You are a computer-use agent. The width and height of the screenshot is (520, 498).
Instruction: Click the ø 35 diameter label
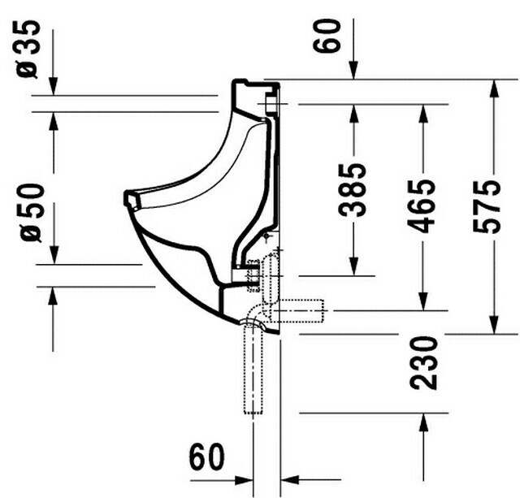click(x=28, y=49)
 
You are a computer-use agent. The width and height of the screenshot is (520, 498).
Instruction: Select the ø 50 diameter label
click(x=32, y=213)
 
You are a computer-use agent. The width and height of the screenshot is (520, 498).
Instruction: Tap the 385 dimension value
click(x=352, y=189)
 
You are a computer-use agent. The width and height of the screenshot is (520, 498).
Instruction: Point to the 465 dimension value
click(x=421, y=206)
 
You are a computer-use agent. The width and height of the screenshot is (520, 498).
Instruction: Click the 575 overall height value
click(x=487, y=207)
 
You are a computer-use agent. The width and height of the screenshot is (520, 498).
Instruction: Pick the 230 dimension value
click(x=423, y=362)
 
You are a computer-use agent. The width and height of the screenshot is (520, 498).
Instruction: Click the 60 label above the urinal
click(x=327, y=36)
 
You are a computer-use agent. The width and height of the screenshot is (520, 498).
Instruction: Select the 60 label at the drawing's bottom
click(x=206, y=456)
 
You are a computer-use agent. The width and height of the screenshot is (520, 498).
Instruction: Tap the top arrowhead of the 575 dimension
click(x=494, y=89)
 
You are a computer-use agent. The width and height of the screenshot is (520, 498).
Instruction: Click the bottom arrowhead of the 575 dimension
click(x=494, y=325)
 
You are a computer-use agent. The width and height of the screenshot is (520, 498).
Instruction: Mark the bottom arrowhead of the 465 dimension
click(x=422, y=301)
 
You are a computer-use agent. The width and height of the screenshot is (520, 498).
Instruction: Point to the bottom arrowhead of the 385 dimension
click(x=354, y=266)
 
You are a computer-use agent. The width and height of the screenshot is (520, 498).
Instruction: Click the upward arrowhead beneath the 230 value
click(x=422, y=422)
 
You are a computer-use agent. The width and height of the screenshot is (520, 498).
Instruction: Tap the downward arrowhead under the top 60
click(x=354, y=71)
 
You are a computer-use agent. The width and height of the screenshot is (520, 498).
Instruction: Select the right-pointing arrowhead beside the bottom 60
click(x=244, y=480)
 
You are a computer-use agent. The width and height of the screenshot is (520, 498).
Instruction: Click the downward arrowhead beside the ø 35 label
click(x=53, y=86)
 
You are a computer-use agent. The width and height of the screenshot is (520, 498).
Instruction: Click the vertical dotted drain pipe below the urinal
click(x=253, y=368)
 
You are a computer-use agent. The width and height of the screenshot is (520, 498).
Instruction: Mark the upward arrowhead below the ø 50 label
click(x=53, y=296)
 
